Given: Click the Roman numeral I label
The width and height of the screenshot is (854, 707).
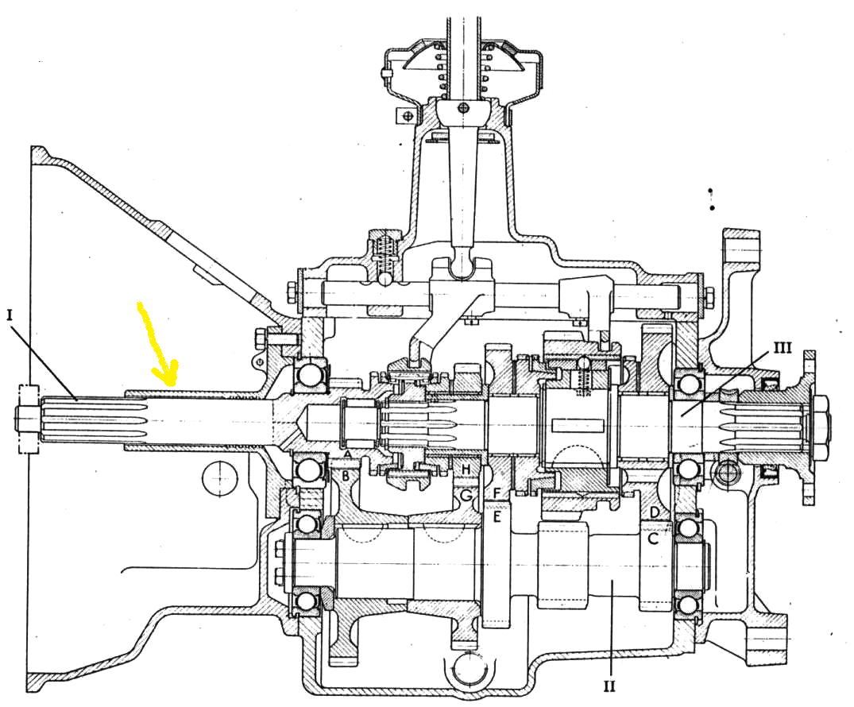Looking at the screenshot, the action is click(10, 315).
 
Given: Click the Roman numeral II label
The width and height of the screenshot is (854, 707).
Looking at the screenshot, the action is click(609, 686).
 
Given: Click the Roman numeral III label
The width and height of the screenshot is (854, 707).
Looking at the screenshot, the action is click(783, 347).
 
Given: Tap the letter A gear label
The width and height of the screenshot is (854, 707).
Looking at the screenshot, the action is click(348, 454).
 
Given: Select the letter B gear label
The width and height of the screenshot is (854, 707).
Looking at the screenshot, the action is click(346, 476).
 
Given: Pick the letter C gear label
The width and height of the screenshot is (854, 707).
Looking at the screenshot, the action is click(653, 539).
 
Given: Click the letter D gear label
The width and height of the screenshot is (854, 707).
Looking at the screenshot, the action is click(655, 512).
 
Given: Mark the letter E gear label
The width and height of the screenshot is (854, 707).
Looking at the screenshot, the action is click(497, 516).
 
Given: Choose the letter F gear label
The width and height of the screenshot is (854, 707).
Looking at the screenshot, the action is click(497, 493).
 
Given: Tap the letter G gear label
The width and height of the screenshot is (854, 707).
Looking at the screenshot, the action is click(466, 495).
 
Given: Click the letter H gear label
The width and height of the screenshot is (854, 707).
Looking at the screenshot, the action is click(466, 469).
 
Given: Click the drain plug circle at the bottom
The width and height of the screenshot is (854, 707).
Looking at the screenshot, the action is click(468, 668).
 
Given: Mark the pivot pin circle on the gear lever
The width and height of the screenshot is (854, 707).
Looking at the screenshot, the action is click(463, 107).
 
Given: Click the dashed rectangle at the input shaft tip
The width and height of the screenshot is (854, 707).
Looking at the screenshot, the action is click(29, 419).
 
